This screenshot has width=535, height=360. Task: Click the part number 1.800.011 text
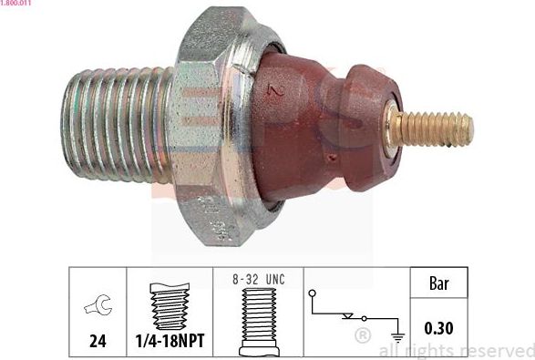[16, 4]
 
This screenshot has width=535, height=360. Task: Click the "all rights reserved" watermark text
[456, 350]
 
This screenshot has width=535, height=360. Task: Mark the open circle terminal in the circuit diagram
[314, 293]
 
